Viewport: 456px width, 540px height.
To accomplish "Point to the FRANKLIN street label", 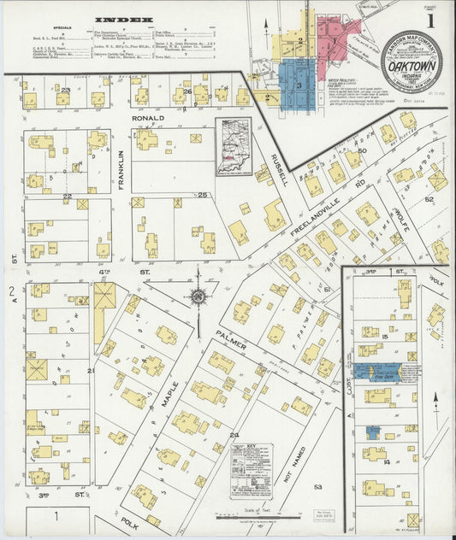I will click(121, 164).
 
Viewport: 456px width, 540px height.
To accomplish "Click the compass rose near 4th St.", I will click(198, 296).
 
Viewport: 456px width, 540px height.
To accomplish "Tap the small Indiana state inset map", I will click(234, 146).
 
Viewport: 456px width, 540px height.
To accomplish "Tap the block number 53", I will click(318, 486).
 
